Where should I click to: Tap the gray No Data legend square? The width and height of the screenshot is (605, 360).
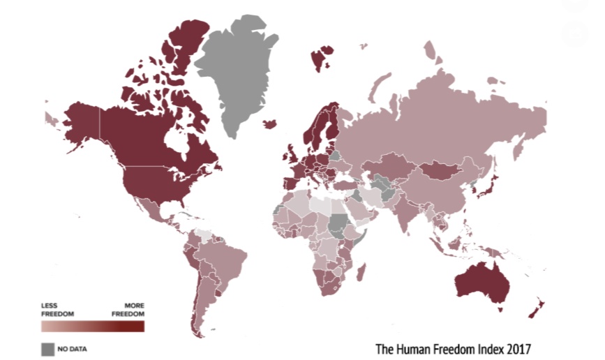47,348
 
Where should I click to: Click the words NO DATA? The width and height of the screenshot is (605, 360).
73,348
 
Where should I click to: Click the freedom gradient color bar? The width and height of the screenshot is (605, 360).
92,326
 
